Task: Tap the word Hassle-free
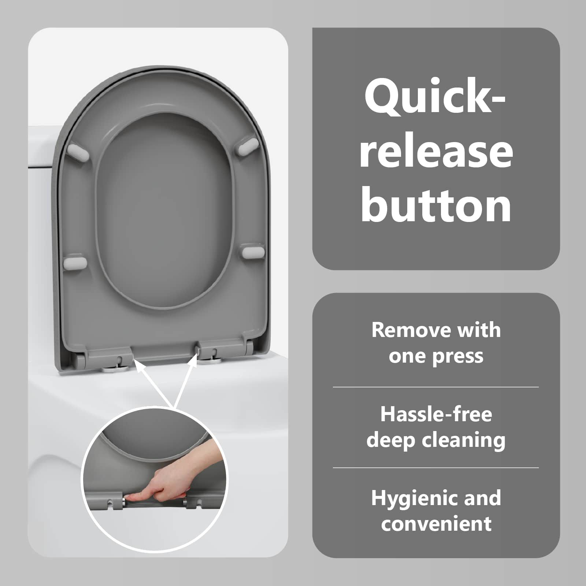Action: (x=436, y=414)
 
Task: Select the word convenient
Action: (x=436, y=523)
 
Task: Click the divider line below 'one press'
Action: (x=436, y=387)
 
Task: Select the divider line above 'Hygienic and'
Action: (x=436, y=468)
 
